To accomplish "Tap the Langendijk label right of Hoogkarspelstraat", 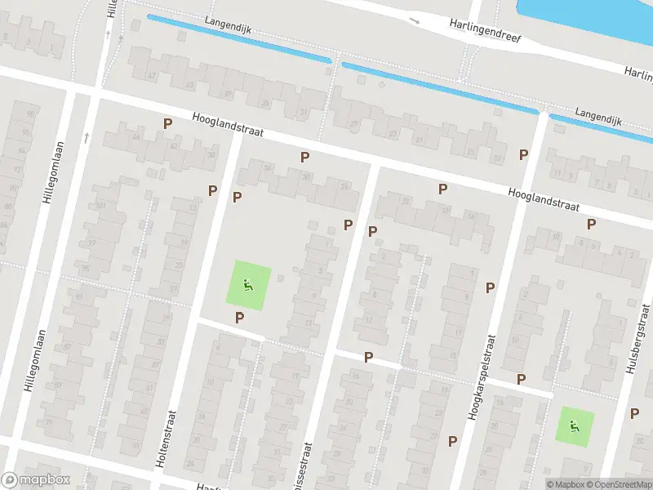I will pyautogui.click(x=598, y=115).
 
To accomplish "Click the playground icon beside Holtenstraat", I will pyautogui.click(x=248, y=285).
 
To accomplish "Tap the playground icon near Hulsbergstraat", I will pyautogui.click(x=575, y=425).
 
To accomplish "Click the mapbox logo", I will pyautogui.click(x=34, y=480).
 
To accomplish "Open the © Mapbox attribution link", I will pyautogui.click(x=565, y=484).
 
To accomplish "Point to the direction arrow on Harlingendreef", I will pyautogui.click(x=415, y=20).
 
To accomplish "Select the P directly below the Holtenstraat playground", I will pyautogui.click(x=239, y=318).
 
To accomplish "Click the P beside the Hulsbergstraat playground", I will pyautogui.click(x=634, y=413).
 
